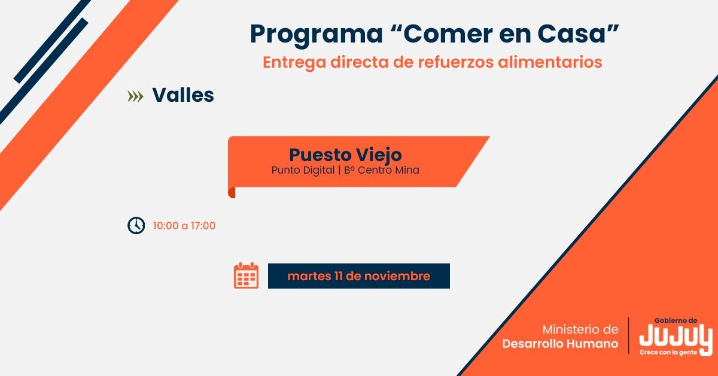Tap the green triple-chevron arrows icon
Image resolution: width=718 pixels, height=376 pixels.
[136, 96]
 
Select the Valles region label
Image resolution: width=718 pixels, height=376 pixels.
[183, 95]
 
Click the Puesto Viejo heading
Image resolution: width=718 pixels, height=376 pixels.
[345, 154]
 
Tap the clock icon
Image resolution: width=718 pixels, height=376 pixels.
[136, 226]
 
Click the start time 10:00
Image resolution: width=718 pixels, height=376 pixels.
[165, 226]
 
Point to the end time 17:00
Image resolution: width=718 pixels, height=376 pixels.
[203, 226]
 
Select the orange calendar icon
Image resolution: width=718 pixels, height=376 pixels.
[246, 275]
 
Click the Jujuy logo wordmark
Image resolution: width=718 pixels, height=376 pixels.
[676, 338]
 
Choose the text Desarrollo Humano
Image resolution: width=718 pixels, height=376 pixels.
[560, 344]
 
